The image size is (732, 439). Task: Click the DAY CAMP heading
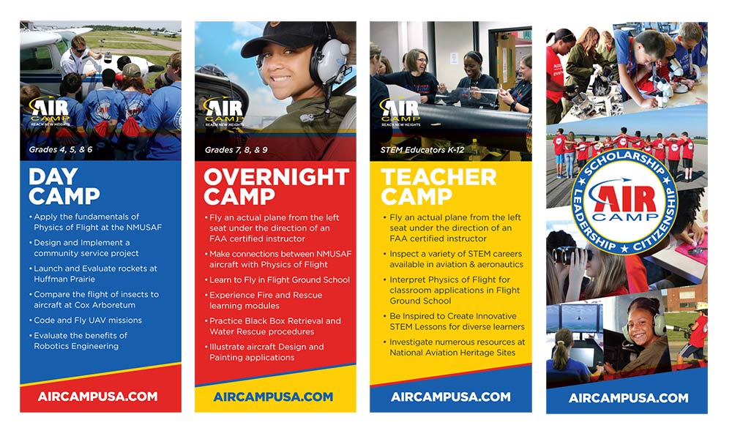coord(64,187)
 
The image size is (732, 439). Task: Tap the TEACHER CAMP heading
coord(438,187)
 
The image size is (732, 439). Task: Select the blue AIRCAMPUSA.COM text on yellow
coord(273,397)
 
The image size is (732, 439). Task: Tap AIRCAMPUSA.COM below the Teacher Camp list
coord(450,397)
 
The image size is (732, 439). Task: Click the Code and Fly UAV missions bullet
coord(87,320)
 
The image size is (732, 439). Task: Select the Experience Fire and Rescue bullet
coord(266,300)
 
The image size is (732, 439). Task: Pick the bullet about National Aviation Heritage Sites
coord(454,347)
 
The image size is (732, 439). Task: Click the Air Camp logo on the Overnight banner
coord(217,110)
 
